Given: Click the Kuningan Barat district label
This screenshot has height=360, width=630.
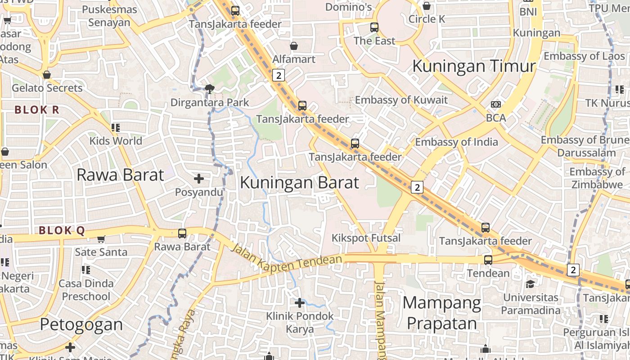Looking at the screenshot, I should [299, 183].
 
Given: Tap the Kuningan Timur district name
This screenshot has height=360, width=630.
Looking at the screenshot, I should [474, 66].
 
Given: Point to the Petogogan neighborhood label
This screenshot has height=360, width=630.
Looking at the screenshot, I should [81, 324].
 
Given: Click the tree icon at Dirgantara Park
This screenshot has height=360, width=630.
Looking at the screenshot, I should [209, 89].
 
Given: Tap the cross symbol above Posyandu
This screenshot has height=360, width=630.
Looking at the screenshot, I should [199, 179].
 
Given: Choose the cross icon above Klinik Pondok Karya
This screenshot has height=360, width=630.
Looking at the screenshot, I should [299, 303].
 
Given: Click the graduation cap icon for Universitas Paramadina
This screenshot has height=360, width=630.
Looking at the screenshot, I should [531, 284].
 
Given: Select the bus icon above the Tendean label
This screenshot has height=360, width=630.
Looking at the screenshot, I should [488, 260].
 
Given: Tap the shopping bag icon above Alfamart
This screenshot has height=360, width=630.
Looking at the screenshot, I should [294, 46].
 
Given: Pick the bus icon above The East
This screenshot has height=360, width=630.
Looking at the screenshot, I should [374, 27].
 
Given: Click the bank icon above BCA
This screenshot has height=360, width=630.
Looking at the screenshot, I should [496, 104].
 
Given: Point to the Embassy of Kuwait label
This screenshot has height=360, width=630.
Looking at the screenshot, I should [401, 100].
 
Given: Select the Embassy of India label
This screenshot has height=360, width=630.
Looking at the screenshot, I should [456, 142].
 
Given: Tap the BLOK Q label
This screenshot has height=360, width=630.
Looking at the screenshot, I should [62, 231].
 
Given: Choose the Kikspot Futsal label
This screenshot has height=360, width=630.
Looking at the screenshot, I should [366, 238].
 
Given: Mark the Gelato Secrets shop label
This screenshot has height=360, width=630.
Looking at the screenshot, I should [47, 88].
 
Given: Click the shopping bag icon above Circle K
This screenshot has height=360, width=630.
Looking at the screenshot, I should [427, 6].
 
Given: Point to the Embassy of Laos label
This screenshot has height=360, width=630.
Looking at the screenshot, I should [585, 56].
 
